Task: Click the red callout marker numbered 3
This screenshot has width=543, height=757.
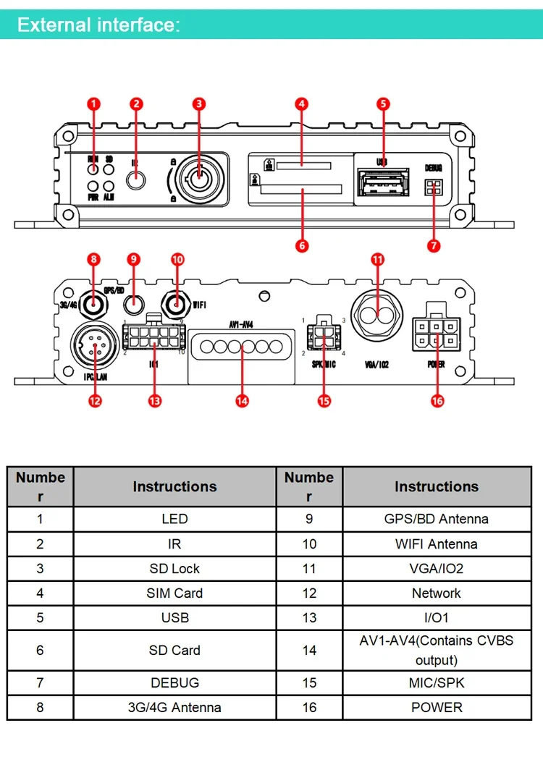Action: point(199,103)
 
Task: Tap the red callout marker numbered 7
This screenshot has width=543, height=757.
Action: point(434,245)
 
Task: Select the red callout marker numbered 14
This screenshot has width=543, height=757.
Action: point(242,399)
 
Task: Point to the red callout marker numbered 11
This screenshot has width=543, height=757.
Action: point(377,259)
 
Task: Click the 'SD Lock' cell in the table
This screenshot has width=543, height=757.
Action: point(174,568)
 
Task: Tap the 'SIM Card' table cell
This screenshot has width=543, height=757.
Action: point(174,593)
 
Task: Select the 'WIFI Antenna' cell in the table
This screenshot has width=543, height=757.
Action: point(437,544)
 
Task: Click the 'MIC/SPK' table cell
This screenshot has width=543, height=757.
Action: point(437,682)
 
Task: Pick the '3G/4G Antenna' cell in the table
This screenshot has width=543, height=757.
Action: point(174,707)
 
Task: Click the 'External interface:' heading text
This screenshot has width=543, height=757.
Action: point(98,25)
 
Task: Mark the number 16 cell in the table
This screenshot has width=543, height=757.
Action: point(309,707)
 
